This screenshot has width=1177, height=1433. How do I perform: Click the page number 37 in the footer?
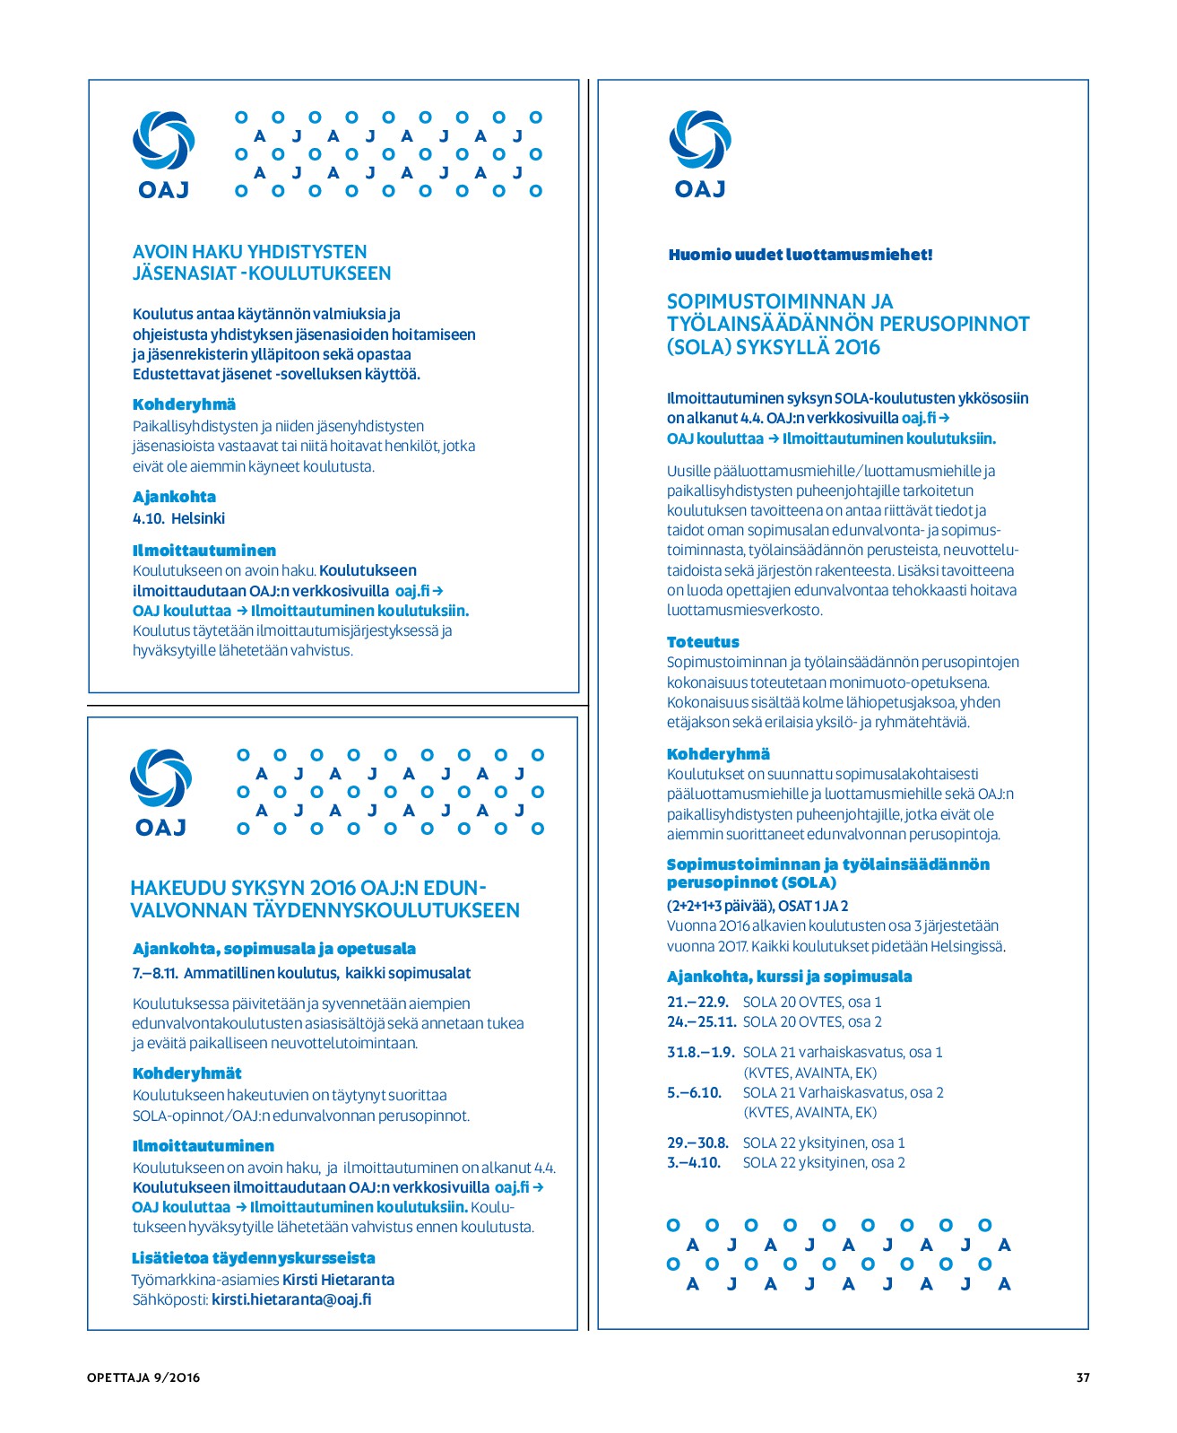[x=1082, y=1377]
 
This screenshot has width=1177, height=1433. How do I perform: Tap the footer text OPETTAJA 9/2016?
[x=143, y=1377]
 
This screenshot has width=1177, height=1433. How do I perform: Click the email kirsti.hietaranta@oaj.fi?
[x=291, y=1299]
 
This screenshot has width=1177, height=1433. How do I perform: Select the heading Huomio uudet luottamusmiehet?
[x=801, y=255]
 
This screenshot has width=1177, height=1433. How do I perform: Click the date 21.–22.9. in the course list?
[x=697, y=1002]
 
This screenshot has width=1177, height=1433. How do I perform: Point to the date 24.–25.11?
[x=701, y=1021]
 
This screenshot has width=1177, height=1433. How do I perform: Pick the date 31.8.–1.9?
[x=700, y=1052]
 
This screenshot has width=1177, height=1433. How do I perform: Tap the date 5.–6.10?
[x=694, y=1092]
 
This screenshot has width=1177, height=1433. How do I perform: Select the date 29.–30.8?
[x=697, y=1142]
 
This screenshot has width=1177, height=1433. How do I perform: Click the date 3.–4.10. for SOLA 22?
[x=694, y=1162]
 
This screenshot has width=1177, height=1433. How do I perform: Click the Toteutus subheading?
[x=703, y=642]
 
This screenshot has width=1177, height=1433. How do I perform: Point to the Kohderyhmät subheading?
[x=186, y=1073]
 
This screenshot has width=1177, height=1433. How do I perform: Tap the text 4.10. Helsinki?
[x=178, y=518]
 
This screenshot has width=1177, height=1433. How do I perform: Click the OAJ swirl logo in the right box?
[x=700, y=141]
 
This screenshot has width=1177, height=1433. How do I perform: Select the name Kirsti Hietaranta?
[x=338, y=1280]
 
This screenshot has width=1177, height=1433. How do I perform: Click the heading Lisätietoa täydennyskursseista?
[x=253, y=1258]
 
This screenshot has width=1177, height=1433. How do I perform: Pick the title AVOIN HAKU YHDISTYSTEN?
[x=249, y=252]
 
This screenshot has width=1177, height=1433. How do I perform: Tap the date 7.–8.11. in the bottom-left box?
[x=155, y=973]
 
